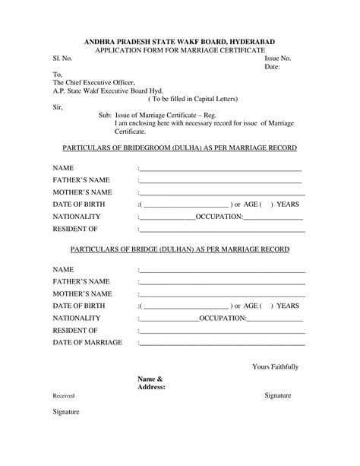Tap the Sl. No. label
click(x=63, y=58)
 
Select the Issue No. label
click(x=278, y=58)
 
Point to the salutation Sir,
click(x=58, y=107)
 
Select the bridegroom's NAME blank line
click(x=220, y=170)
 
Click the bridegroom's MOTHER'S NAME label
click(x=82, y=192)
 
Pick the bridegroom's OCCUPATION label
click(x=219, y=217)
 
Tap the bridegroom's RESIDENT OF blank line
click(x=222, y=229)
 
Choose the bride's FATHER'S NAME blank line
click(x=222, y=283)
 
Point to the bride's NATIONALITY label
click(x=77, y=318)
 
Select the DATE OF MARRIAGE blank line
click(x=222, y=343)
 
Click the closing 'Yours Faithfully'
click(x=275, y=367)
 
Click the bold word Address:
click(x=151, y=387)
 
